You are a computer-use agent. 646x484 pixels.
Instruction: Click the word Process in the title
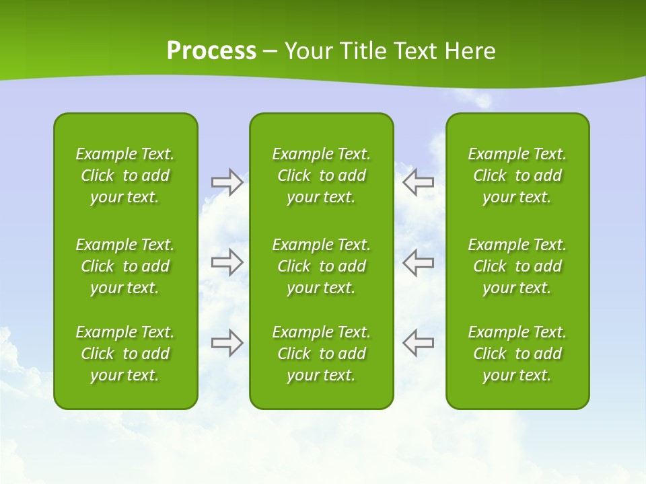tap(211, 51)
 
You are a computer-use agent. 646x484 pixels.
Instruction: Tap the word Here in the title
tap(470, 51)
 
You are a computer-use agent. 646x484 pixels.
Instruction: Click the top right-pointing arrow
tap(227, 182)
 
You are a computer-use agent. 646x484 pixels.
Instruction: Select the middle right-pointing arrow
tap(227, 262)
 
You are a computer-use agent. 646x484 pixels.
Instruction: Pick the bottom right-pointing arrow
tap(227, 342)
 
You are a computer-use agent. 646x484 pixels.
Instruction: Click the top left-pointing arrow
tap(419, 182)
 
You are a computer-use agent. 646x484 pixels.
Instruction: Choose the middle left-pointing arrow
tap(419, 262)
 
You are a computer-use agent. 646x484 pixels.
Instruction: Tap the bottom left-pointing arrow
tap(419, 342)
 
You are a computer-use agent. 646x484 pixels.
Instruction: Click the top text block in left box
tap(125, 175)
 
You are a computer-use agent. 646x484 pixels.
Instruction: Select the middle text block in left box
tap(125, 266)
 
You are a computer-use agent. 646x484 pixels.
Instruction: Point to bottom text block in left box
tap(125, 354)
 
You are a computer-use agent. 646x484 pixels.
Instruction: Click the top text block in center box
tap(322, 175)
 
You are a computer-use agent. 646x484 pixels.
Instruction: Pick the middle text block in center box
tap(322, 266)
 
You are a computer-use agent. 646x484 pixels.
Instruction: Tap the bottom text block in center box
tap(322, 354)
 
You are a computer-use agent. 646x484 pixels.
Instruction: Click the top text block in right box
tap(517, 175)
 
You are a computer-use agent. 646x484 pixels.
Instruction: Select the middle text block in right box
tap(517, 266)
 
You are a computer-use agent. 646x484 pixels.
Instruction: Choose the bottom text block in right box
tap(517, 354)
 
